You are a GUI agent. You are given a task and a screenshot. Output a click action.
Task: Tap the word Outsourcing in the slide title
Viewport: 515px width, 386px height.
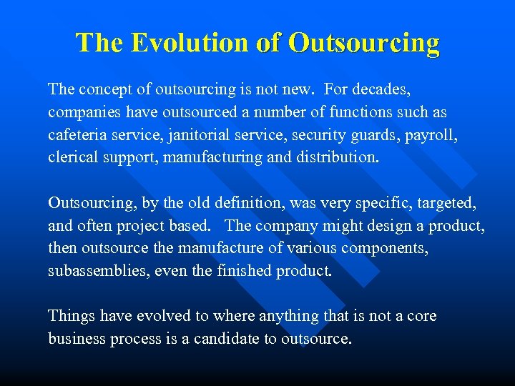point(363,43)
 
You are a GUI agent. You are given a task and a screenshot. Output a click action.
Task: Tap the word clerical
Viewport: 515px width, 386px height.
point(72,157)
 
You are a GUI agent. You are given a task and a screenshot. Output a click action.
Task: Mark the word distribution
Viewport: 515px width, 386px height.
point(332,157)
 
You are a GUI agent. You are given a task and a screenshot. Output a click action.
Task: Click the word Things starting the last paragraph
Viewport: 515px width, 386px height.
point(70,316)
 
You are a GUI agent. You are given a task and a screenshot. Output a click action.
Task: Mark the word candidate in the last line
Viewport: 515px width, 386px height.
point(223,339)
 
